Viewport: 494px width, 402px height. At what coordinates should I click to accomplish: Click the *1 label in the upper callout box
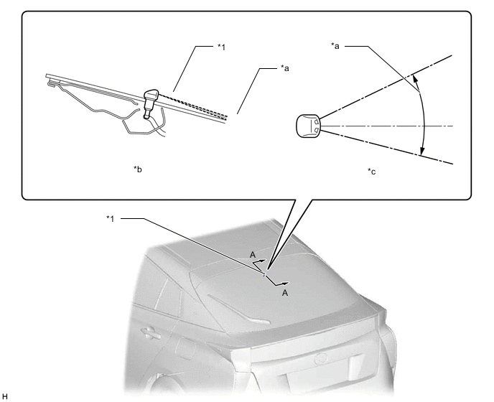222,47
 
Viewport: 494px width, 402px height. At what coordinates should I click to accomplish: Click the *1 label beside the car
111,218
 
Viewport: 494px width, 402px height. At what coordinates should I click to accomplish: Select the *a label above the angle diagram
335,46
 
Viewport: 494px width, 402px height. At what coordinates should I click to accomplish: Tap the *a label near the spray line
285,68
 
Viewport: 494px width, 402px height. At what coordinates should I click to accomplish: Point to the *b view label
138,169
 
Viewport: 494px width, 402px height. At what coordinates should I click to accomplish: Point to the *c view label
372,171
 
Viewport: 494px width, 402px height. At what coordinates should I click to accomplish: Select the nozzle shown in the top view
308,126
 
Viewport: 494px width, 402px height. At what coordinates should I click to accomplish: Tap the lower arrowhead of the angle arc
422,151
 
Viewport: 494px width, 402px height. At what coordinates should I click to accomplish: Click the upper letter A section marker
253,255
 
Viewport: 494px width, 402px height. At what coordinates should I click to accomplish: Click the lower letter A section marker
285,293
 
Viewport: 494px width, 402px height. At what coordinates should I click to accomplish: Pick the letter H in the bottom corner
4,396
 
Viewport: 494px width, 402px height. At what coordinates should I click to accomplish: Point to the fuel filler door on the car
185,347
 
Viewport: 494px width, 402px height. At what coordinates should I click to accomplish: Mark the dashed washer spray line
193,105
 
